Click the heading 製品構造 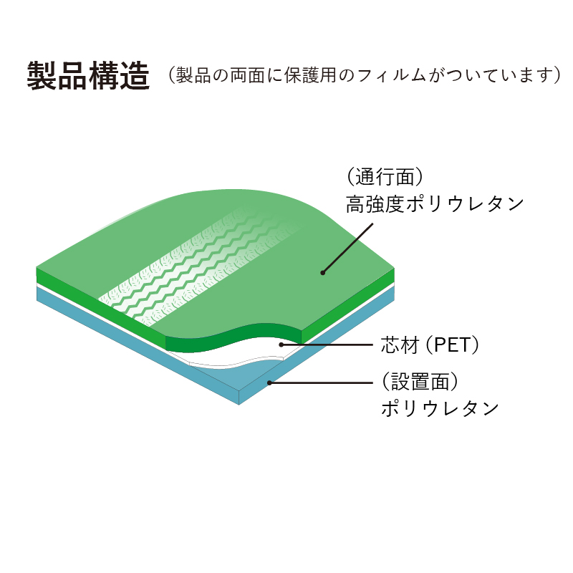point(88,75)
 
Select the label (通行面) point(385,177)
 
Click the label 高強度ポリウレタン point(435,203)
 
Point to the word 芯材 point(400,345)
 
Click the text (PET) point(453,345)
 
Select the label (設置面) point(420,382)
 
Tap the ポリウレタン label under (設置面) point(440,408)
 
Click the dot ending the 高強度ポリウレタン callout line point(323,273)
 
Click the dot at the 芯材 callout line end point(281,345)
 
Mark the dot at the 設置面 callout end point(269,382)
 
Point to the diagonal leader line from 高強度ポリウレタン point(347,248)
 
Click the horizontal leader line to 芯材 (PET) point(327,345)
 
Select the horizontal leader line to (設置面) point(321,382)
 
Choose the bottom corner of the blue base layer point(239,405)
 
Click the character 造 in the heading point(135,75)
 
